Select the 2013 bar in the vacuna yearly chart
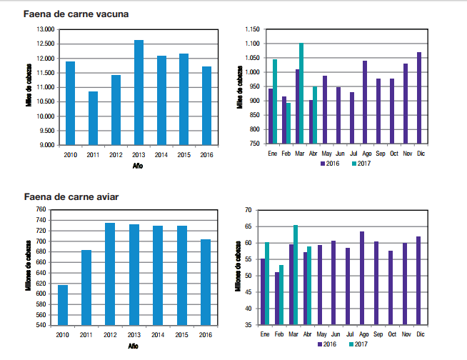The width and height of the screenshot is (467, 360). [139, 92]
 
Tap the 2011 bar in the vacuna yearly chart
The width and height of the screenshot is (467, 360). [93, 118]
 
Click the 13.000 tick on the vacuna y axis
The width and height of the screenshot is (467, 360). [44, 29]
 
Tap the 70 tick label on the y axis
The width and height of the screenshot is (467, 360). [249, 210]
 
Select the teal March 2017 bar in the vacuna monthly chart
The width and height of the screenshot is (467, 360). [301, 94]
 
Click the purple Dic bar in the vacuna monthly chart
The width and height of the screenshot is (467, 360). [419, 98]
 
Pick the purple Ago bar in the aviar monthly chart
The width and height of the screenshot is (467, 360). [362, 278]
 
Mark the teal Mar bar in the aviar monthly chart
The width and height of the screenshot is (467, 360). [296, 275]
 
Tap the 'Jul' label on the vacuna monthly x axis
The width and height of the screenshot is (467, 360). [352, 153]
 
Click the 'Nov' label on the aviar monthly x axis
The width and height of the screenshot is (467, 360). [406, 334]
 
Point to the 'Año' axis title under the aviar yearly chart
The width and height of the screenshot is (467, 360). [134, 346]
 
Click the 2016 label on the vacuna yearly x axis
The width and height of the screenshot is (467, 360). [206, 155]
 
